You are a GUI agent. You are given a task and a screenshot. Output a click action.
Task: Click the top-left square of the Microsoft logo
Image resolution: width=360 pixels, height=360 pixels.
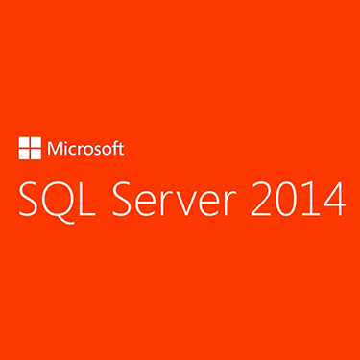click(24, 143)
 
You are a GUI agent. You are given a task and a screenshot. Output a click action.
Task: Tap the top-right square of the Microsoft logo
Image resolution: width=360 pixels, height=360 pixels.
click(36, 143)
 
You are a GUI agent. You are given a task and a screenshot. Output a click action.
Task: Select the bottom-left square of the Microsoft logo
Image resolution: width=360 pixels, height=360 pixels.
click(24, 155)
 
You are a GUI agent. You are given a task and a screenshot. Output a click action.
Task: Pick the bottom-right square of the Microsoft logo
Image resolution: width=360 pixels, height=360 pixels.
click(36, 155)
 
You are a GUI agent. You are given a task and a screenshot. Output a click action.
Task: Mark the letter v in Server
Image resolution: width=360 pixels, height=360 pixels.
click(190, 204)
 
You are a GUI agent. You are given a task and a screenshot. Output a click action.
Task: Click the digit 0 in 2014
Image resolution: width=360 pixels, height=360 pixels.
click(283, 199)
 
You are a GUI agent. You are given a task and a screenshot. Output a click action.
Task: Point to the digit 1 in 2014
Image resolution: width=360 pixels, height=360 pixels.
click(307, 199)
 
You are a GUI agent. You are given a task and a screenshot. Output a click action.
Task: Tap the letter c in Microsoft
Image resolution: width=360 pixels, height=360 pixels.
click(72, 151)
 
